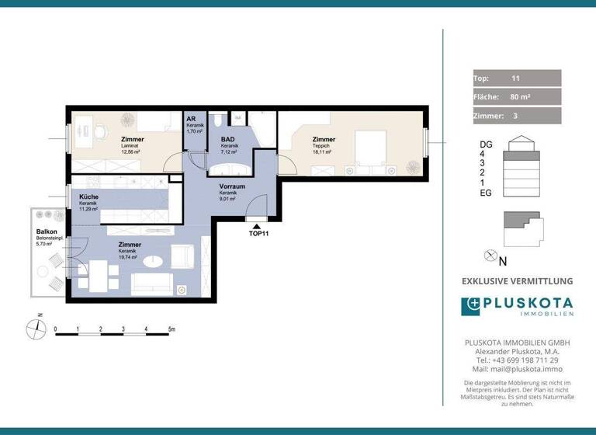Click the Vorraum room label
point(232,186)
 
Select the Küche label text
point(88,198)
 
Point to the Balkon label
point(45,232)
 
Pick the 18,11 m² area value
point(321,152)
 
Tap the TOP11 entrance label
point(259,233)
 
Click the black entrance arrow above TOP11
point(258,224)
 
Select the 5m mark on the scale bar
point(172,329)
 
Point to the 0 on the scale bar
point(55,329)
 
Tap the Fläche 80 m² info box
point(517,97)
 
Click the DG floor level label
point(487,144)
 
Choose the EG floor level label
point(487,193)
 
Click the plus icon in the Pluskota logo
point(471,306)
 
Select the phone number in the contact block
point(516,360)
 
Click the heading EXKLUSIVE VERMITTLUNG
point(517,280)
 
